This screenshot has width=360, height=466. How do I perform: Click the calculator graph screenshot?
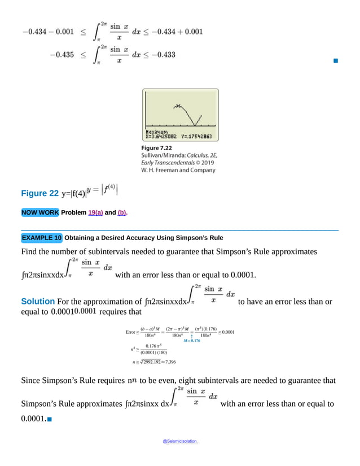pyautogui.click(x=180, y=115)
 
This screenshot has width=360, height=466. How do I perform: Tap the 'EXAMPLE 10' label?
pyautogui.click(x=41, y=238)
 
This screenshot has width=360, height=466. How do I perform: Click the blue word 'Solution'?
pyautogui.click(x=38, y=302)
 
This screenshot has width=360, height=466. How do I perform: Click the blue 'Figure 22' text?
pyautogui.click(x=39, y=193)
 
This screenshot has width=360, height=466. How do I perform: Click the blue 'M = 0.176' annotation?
pyautogui.click(x=192, y=341)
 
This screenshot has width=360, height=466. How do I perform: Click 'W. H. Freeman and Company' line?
pyautogui.click(x=178, y=169)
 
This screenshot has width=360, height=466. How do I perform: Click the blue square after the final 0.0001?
pyautogui.click(x=50, y=419)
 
